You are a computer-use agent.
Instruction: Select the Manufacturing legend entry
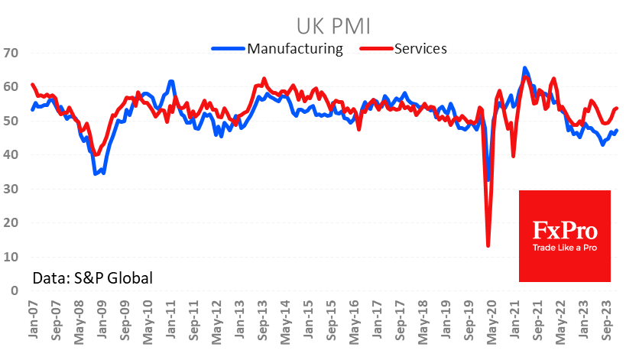(x=294, y=48)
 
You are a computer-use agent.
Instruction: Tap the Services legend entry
(x=420, y=48)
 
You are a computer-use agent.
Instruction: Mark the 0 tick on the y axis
(x=14, y=290)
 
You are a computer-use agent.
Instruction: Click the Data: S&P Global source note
(x=92, y=277)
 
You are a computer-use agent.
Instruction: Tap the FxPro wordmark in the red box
(x=565, y=229)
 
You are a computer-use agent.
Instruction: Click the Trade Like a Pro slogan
(x=565, y=248)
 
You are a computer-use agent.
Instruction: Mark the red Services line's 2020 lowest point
(x=488, y=245)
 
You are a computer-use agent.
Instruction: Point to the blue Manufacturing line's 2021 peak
(x=524, y=68)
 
